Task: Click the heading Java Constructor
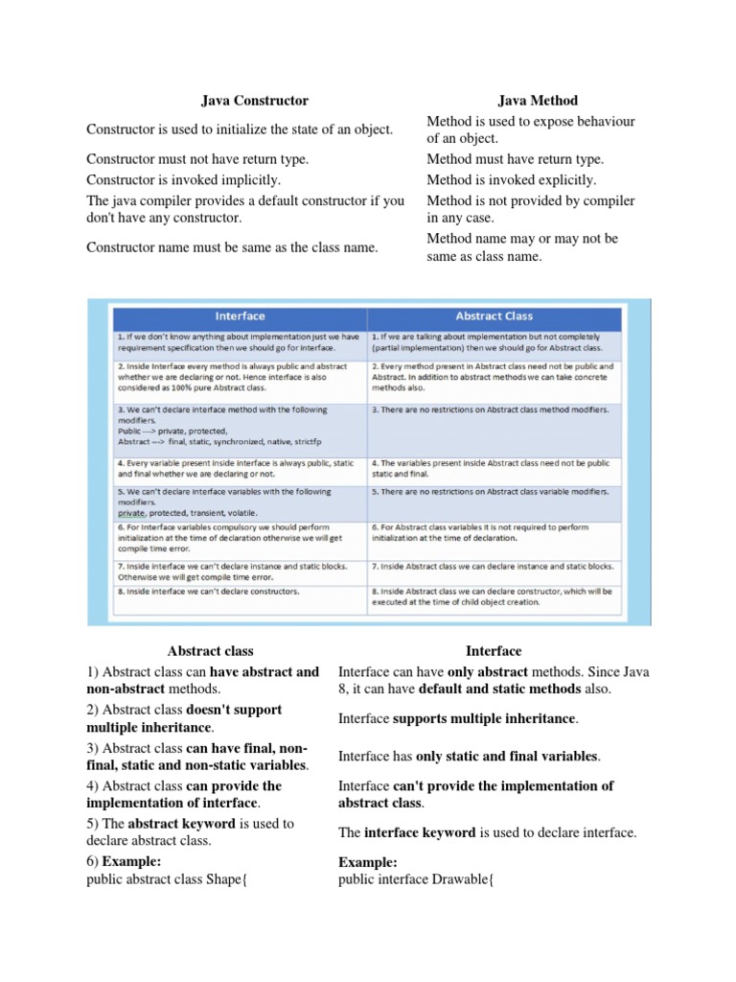[254, 100]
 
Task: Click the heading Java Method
[538, 100]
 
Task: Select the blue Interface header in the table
[240, 316]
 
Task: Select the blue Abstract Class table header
[494, 316]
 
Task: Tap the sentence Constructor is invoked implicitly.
[183, 179]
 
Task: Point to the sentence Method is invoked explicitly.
[511, 179]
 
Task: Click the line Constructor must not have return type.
[197, 159]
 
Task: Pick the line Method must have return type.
[515, 159]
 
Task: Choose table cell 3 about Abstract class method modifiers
[489, 409]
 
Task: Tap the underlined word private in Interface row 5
[133, 513]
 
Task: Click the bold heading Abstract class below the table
[210, 651]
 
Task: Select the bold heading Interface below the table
[494, 651]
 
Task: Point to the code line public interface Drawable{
[416, 879]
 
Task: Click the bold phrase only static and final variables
[507, 757]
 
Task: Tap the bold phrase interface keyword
[420, 832]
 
